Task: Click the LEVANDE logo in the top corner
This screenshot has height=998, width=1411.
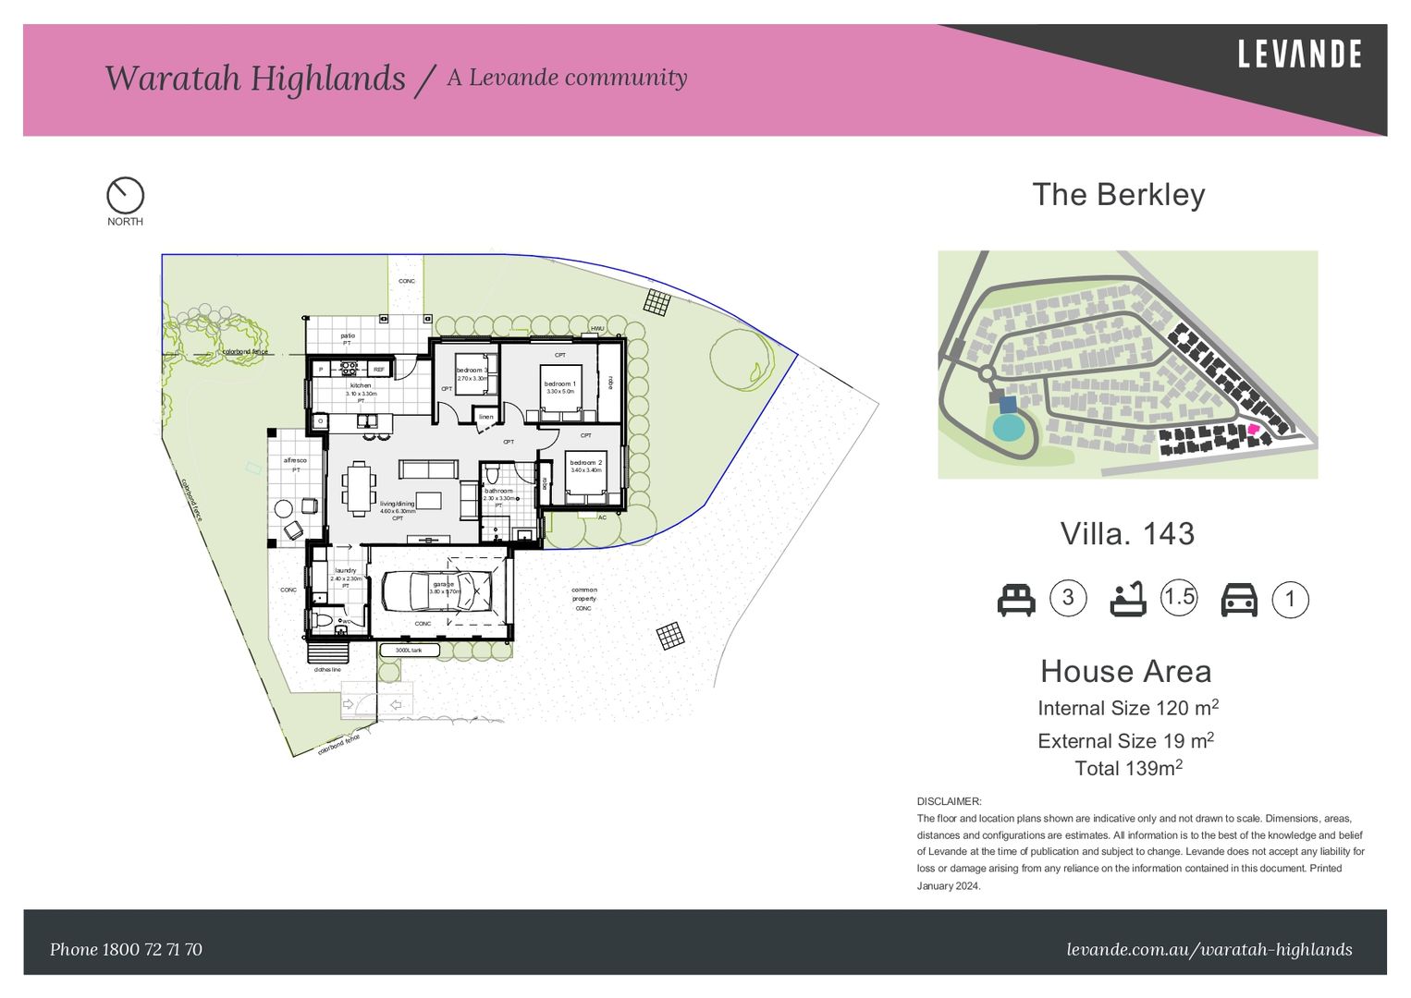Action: click(x=1299, y=55)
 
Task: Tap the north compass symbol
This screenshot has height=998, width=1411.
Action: click(x=125, y=196)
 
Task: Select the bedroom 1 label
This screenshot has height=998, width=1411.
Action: click(x=559, y=383)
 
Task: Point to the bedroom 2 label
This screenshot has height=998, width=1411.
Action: click(x=585, y=462)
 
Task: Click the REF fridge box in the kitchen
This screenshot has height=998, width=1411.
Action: click(x=378, y=369)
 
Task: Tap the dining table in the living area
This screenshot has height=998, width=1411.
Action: click(x=359, y=488)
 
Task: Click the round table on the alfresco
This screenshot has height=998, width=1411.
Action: click(x=283, y=508)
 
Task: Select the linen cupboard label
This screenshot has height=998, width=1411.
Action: click(x=486, y=417)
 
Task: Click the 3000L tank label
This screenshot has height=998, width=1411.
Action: click(x=409, y=650)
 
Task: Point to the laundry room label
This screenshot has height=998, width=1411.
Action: click(x=345, y=570)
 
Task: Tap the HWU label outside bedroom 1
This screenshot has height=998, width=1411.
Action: click(x=597, y=329)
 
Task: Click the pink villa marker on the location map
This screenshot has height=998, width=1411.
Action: click(x=1253, y=429)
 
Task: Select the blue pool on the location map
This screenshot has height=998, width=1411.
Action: click(x=1008, y=427)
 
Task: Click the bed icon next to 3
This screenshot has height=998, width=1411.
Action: click(x=1016, y=600)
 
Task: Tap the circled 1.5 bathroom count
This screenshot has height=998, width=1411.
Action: click(x=1179, y=597)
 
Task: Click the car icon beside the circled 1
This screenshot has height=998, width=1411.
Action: click(x=1239, y=600)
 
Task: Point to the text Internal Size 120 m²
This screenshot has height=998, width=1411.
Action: click(x=1127, y=708)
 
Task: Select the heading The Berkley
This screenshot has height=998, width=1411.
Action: click(x=1118, y=195)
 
